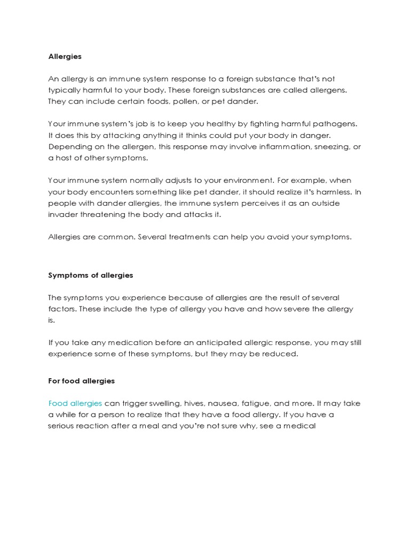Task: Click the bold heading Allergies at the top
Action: pos(65,56)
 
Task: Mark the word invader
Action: pos(63,214)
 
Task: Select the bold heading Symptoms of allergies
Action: pos(91,275)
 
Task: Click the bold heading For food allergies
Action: pos(81,381)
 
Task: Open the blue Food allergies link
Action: pos(75,403)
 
